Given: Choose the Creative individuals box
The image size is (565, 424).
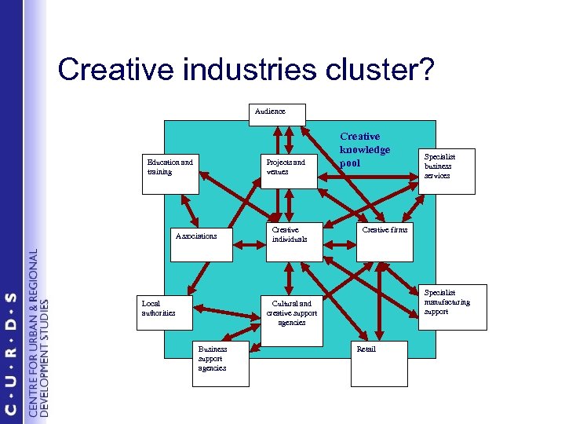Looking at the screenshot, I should pos(291,240).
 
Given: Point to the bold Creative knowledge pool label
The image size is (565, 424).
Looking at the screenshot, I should pos(364,149).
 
